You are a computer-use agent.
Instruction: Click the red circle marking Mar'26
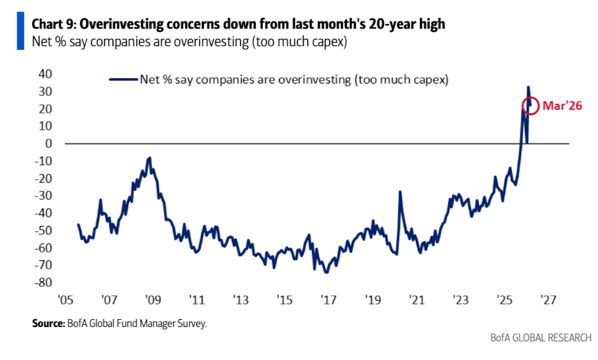530,106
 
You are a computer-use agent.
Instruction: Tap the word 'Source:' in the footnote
48,323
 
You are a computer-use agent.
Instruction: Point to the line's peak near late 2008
150,157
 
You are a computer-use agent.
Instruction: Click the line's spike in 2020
400,192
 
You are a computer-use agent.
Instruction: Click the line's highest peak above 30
528,87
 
